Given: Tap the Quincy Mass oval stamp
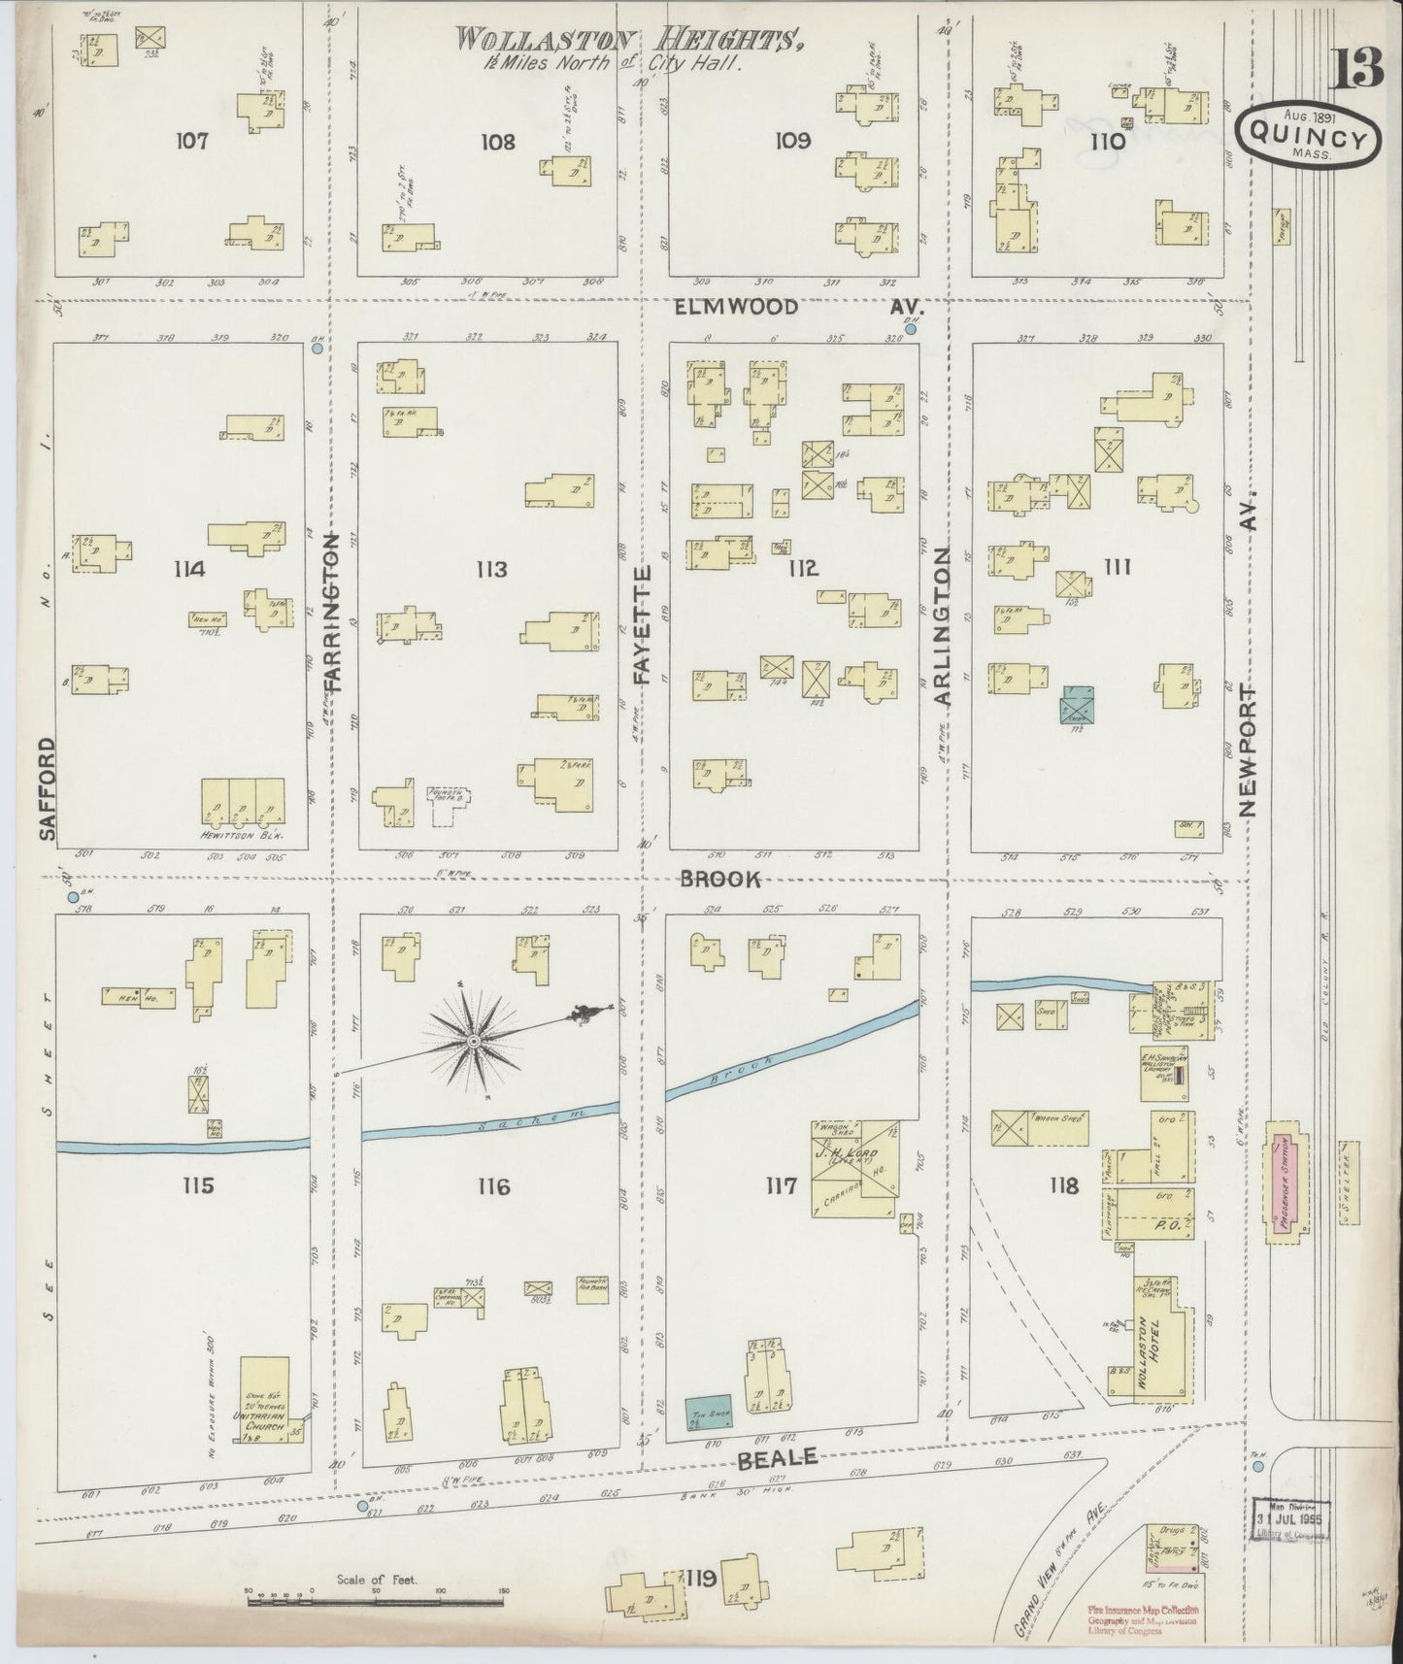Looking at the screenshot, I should click(1309, 138).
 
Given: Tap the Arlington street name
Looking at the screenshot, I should click(944, 626).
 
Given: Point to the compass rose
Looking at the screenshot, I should click(473, 1042).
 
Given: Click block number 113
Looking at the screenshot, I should click(491, 569).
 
